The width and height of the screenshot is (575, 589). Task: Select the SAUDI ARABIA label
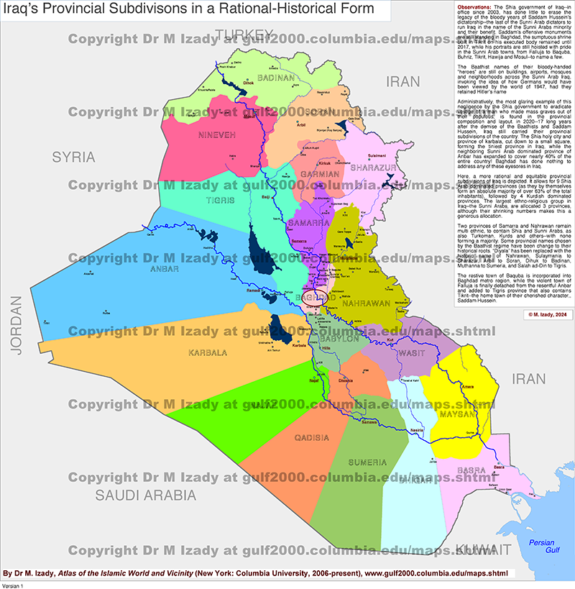pos(146,495)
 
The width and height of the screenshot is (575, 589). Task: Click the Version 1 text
pos(13,585)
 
